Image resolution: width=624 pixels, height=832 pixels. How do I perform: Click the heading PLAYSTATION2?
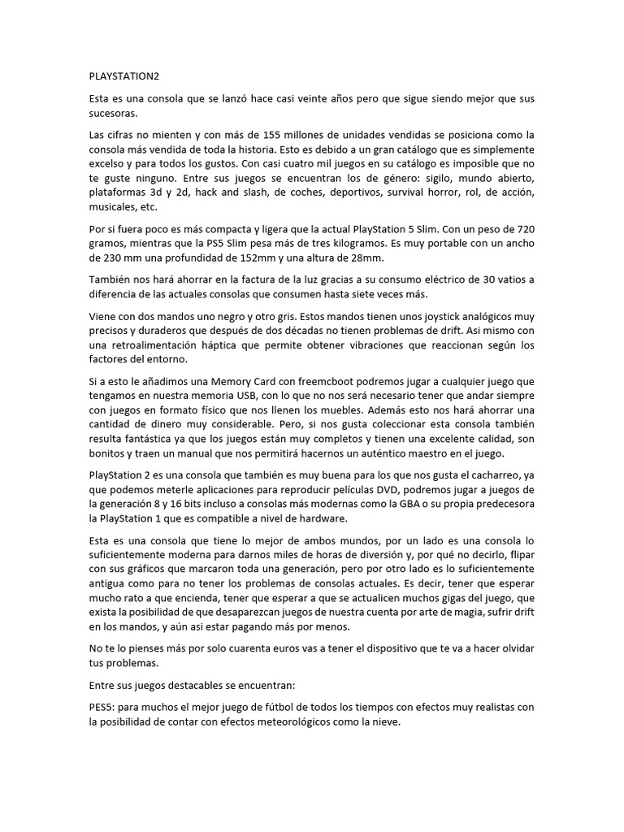pyautogui.click(x=124, y=76)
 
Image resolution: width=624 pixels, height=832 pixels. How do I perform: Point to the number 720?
pyautogui.click(x=525, y=229)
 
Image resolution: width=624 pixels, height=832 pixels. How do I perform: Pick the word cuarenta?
pyautogui.click(x=230, y=648)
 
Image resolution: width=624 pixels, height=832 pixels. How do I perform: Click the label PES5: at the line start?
pyautogui.click(x=102, y=707)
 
